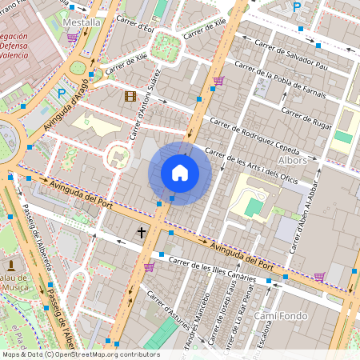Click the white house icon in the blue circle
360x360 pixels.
(180, 173)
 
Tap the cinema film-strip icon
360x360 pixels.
(130, 97)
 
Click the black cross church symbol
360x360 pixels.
(142, 233)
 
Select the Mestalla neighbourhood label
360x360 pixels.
(82, 22)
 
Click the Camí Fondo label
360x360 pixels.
(276, 316)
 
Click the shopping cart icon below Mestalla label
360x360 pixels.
(73, 37)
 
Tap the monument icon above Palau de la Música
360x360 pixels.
(11, 265)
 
